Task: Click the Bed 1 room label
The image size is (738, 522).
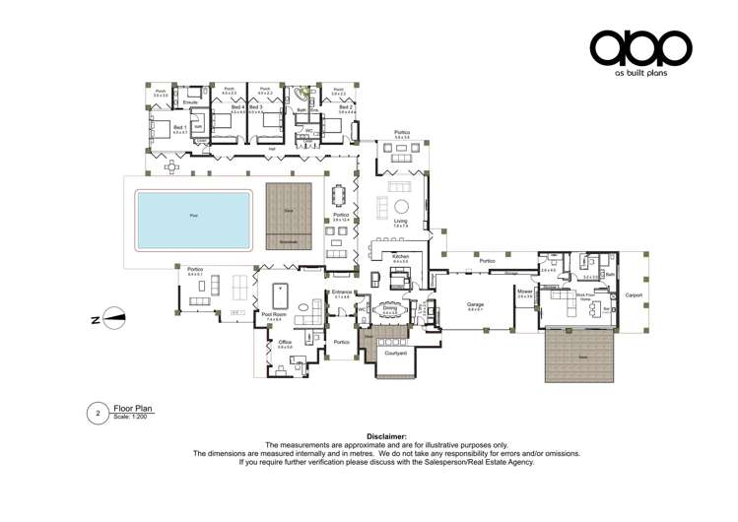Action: pos(179,127)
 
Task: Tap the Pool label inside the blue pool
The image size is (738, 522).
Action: pos(193,215)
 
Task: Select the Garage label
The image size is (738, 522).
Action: pos(475,304)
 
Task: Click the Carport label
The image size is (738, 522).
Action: pos(634,294)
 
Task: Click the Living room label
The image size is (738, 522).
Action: pos(400,222)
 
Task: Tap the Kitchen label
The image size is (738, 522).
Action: pos(400,256)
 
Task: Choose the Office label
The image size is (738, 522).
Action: pos(286,344)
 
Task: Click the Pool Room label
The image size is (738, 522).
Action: pos(273,316)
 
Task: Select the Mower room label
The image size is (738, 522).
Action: pos(524,292)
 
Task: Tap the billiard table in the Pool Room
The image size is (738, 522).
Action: pos(278,294)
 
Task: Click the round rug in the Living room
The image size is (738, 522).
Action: pos(402,206)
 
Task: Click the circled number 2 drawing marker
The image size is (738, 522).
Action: pos(98,413)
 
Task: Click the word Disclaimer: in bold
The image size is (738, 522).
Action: pos(386,436)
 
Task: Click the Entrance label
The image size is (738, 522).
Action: pos(342,293)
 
